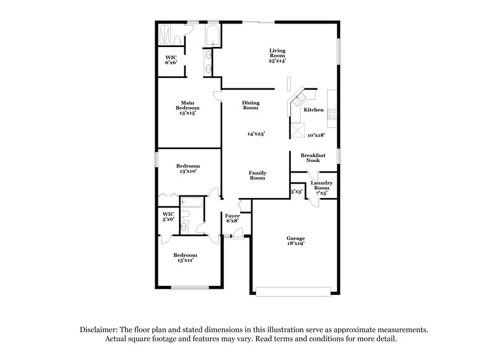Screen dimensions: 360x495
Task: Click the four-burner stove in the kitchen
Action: pos(331,114)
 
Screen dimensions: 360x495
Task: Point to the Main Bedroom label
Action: pos(189,105)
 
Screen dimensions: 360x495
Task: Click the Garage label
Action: pos(295,238)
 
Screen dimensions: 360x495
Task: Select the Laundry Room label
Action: pos(322,186)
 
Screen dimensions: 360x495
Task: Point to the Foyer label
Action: pos(233,215)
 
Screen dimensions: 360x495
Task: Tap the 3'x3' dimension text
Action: pos(296,192)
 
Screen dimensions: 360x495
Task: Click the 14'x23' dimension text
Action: pos(256,134)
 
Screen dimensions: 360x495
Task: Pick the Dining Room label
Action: pos(251,105)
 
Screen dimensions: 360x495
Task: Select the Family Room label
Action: pos(257,175)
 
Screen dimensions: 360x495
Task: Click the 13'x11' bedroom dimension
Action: pos(185,260)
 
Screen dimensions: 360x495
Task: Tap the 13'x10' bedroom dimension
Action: pos(187,171)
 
